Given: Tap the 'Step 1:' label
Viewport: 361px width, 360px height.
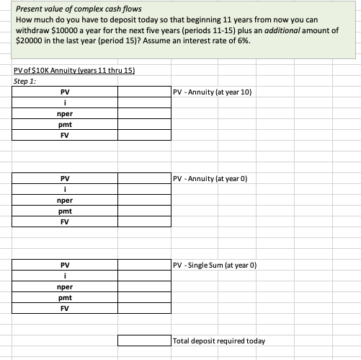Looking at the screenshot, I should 25,80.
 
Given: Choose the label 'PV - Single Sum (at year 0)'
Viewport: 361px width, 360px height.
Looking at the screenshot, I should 215,265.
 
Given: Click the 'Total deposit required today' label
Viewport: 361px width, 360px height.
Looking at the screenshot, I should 219,340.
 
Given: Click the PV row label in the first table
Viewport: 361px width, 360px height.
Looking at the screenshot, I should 65,92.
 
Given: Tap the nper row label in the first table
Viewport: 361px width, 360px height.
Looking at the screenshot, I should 65,114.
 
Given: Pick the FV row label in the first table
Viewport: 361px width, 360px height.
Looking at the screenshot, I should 65,135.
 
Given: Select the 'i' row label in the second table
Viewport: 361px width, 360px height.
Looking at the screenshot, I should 65,189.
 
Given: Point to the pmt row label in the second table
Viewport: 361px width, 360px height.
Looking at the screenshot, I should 65,211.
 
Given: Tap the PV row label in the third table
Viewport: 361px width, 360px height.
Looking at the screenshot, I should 65,265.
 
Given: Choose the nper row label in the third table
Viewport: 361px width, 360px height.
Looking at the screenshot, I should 65,286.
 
